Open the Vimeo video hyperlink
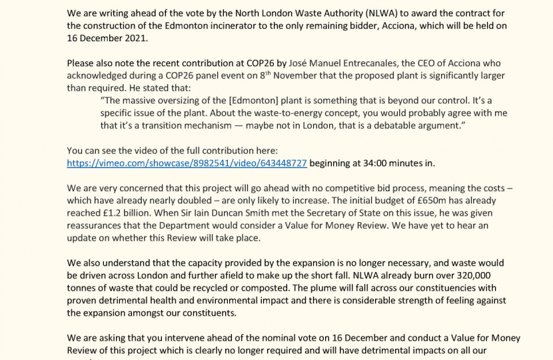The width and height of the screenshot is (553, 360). click(187, 163)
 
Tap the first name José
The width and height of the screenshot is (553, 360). click(301, 63)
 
